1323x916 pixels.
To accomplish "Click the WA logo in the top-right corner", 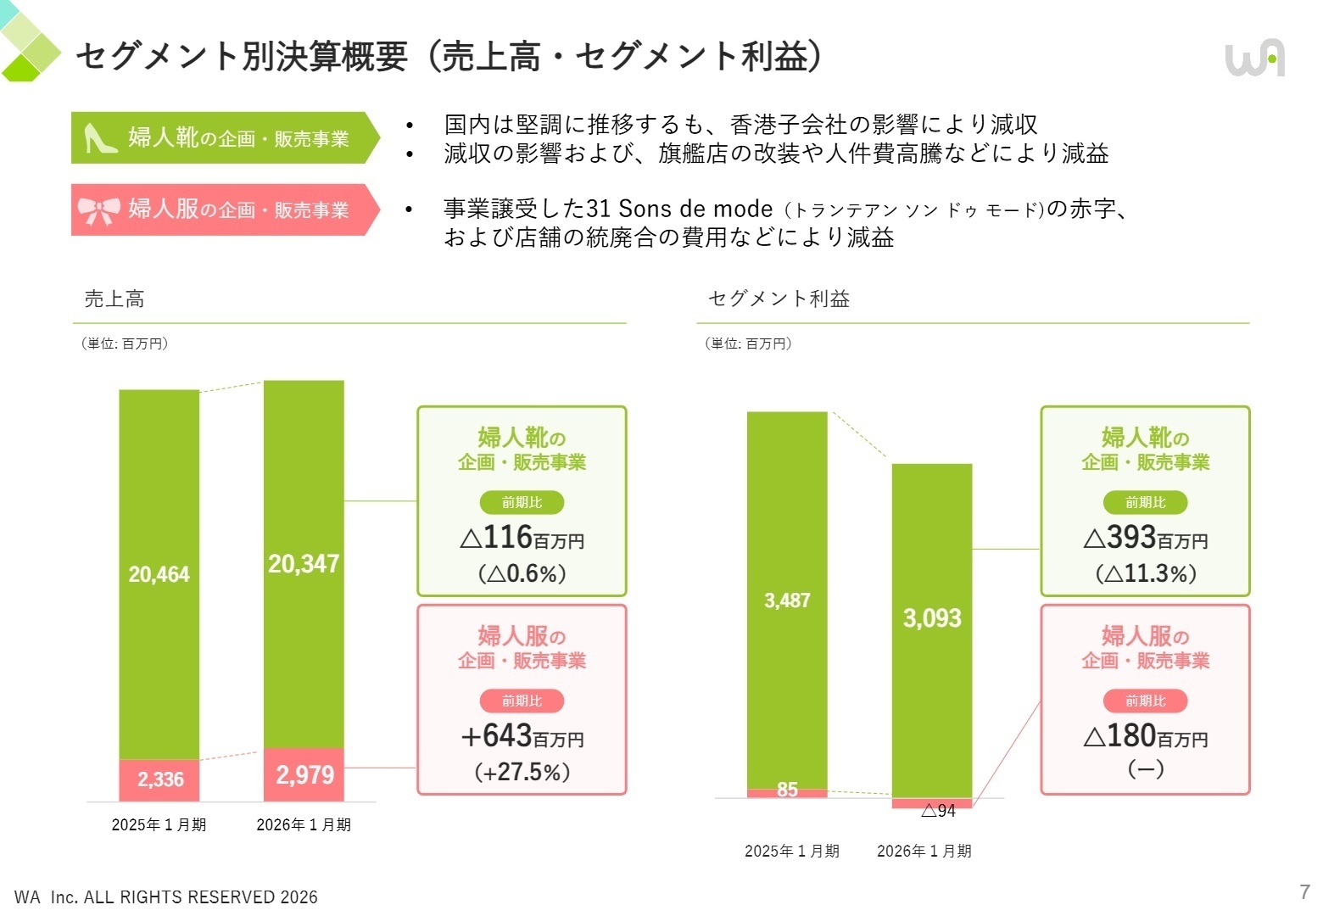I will (1254, 59).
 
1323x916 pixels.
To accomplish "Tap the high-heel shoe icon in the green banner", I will (100, 138).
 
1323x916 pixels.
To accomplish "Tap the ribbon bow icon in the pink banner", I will (98, 210).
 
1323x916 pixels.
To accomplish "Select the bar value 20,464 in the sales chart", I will (159, 574).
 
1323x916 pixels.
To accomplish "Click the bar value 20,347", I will (304, 564).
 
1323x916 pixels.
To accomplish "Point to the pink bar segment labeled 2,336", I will (159, 779).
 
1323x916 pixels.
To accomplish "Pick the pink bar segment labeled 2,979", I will (304, 774).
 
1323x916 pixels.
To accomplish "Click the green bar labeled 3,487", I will (787, 600).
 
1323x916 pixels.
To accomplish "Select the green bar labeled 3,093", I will (932, 618).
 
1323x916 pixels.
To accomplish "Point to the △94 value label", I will (939, 812).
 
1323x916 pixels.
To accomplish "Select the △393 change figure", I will (1132, 538).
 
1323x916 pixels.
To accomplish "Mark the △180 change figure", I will (1132, 736).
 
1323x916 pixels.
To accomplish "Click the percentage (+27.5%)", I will (522, 773).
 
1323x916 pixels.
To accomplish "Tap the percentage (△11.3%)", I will (1146, 574).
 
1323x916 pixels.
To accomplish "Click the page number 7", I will (1304, 891).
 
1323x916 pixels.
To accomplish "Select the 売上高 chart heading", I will (114, 299).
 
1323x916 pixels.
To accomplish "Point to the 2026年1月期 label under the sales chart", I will (304, 825).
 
